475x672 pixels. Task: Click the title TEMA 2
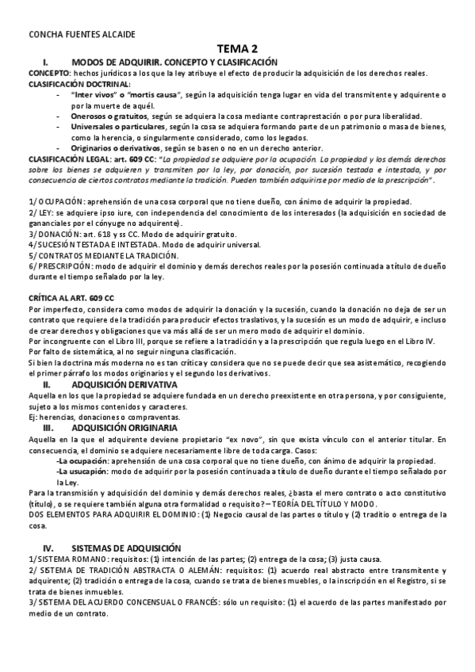point(237,49)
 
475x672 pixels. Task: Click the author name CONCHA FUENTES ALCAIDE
point(71,35)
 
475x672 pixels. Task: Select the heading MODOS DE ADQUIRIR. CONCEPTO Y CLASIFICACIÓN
point(174,62)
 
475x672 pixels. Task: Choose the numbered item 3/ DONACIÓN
point(55,235)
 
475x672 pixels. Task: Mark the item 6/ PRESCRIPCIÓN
point(60,267)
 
